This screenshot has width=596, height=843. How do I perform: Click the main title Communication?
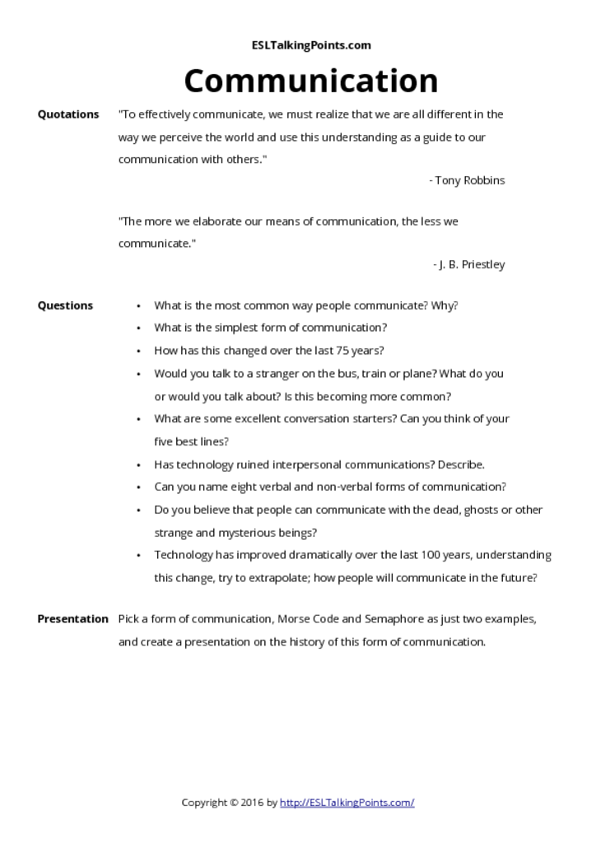(310, 81)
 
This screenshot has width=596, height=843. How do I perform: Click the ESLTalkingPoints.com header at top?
(310, 45)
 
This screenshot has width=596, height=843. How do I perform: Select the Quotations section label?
(68, 114)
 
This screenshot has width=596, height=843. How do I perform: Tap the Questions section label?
(65, 305)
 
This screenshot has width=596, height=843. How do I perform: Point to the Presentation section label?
(72, 619)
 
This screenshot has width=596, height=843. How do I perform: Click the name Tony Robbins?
(470, 180)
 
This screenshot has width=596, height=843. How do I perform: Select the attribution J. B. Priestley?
(472, 264)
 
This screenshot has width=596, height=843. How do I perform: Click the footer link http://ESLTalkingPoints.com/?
(347, 802)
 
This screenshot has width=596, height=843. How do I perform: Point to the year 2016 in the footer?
(254, 802)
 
